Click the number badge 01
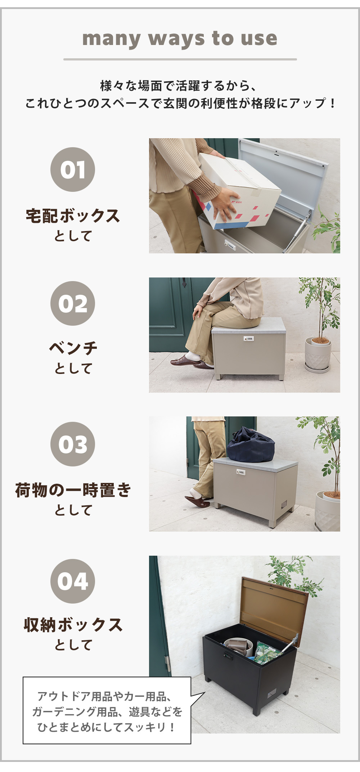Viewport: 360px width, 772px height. [73, 169]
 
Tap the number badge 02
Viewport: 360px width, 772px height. [73, 303]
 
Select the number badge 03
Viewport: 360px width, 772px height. [73, 444]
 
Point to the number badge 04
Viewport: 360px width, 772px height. [73, 581]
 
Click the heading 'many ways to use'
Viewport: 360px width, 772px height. [180, 39]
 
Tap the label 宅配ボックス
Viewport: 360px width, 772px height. [73, 216]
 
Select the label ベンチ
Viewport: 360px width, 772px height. [73, 348]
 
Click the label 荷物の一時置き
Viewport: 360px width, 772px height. [73, 490]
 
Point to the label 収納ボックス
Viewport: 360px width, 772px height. [73, 625]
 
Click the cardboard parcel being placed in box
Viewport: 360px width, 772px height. [236, 191]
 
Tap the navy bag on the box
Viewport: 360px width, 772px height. [251, 444]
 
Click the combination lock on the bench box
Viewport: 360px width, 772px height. [248, 339]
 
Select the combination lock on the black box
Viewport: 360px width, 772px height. [228, 655]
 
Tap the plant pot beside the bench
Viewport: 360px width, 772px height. [318, 355]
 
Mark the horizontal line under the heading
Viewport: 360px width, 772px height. [180, 59]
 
